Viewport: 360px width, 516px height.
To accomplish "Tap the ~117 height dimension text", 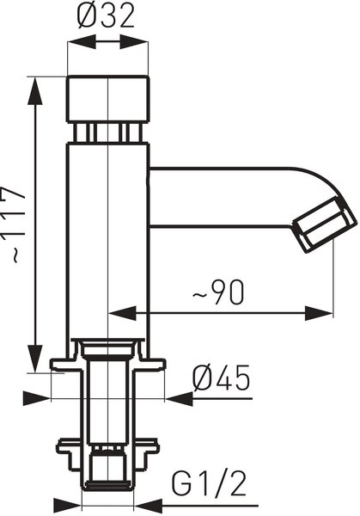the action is tap(13, 224).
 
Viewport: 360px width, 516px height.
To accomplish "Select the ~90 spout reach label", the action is tap(218, 292).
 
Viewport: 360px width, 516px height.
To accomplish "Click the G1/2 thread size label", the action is tap(209, 484).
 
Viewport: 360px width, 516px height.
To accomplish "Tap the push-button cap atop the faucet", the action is tap(108, 99).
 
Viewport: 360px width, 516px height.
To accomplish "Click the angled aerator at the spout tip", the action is tap(324, 224).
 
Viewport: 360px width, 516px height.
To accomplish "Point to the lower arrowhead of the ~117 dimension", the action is tap(34, 358).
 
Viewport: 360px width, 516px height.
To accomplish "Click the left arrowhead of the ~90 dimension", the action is tap(122, 313).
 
